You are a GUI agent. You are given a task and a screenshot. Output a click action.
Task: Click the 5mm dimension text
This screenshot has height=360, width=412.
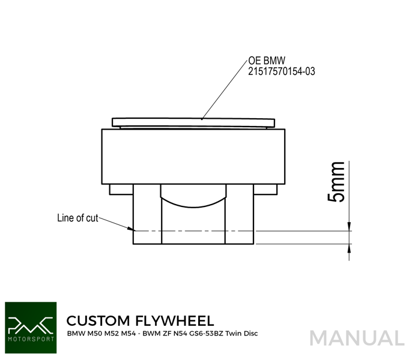point(336,182)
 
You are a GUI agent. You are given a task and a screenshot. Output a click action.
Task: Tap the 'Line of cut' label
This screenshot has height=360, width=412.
point(77,218)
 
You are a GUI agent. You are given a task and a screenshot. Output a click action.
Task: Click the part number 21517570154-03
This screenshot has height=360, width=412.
point(282,71)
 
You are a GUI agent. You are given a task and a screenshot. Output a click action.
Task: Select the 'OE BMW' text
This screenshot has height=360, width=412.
point(267,61)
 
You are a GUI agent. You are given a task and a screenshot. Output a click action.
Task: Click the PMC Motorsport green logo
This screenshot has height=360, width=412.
point(31,328)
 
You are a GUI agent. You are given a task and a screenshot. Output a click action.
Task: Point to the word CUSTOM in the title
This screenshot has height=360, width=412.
point(98,320)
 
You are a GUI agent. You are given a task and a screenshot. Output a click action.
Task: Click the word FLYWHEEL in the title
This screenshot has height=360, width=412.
point(174,320)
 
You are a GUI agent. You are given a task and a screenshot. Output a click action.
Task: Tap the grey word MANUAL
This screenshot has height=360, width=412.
point(357,338)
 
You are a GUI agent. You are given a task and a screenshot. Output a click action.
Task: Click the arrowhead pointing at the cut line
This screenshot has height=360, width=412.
point(131,229)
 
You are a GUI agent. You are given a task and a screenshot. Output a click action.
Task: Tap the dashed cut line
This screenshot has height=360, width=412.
point(193,231)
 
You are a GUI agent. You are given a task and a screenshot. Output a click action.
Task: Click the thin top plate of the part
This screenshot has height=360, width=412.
point(193,122)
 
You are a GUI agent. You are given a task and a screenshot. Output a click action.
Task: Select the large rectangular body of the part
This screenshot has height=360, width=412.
point(193,157)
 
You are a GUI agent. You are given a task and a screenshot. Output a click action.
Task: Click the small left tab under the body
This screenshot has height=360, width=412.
point(121,190)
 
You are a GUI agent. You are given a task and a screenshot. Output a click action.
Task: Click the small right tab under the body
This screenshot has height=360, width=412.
point(265,190)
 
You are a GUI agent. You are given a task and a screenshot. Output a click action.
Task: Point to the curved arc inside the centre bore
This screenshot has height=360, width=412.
point(193,203)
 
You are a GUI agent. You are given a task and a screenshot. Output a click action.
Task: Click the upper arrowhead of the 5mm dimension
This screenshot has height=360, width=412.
point(349,227)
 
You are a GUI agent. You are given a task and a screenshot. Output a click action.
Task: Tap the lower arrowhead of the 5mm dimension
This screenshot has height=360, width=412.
point(349,248)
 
